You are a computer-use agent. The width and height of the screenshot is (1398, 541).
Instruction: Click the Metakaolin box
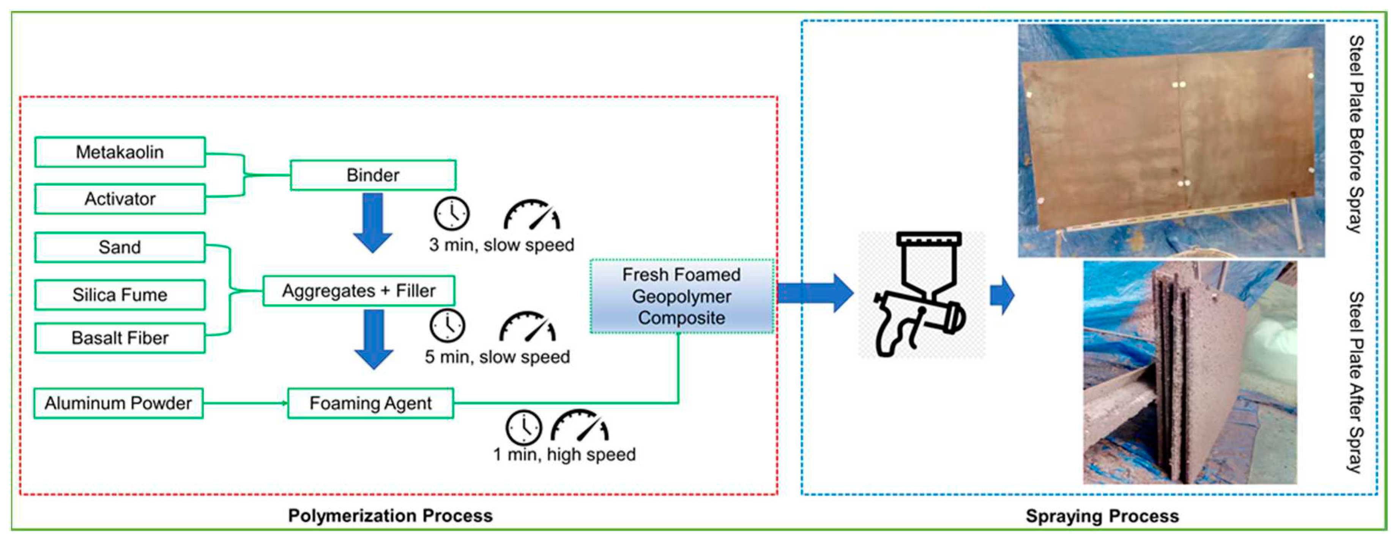pos(120,152)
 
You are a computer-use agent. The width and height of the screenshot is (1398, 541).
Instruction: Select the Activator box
pos(120,199)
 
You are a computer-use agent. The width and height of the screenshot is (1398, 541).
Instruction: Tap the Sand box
pos(120,247)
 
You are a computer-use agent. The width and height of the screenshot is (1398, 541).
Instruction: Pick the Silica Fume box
pos(120,295)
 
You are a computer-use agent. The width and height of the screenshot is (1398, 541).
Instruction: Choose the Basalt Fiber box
pos(120,338)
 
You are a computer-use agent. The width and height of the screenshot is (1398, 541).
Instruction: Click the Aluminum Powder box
pos(118,403)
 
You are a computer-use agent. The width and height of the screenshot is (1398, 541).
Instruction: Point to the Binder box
pos(373,175)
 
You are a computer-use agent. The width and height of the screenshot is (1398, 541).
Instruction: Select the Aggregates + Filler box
pos(359,291)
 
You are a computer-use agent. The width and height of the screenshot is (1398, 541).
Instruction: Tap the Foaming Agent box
pos(371,403)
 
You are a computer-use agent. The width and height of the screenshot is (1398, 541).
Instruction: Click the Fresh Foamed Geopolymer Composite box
pos(682,296)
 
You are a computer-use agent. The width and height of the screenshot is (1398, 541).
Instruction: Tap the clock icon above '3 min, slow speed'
pos(452,213)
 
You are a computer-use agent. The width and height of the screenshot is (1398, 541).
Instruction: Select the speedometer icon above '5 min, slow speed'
pos(528,326)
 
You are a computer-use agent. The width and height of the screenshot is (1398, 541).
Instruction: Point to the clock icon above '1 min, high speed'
pos(524,427)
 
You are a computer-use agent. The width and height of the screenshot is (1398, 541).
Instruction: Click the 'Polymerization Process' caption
pos(390,516)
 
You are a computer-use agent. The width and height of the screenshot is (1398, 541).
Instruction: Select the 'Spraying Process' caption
pos(1102,516)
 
